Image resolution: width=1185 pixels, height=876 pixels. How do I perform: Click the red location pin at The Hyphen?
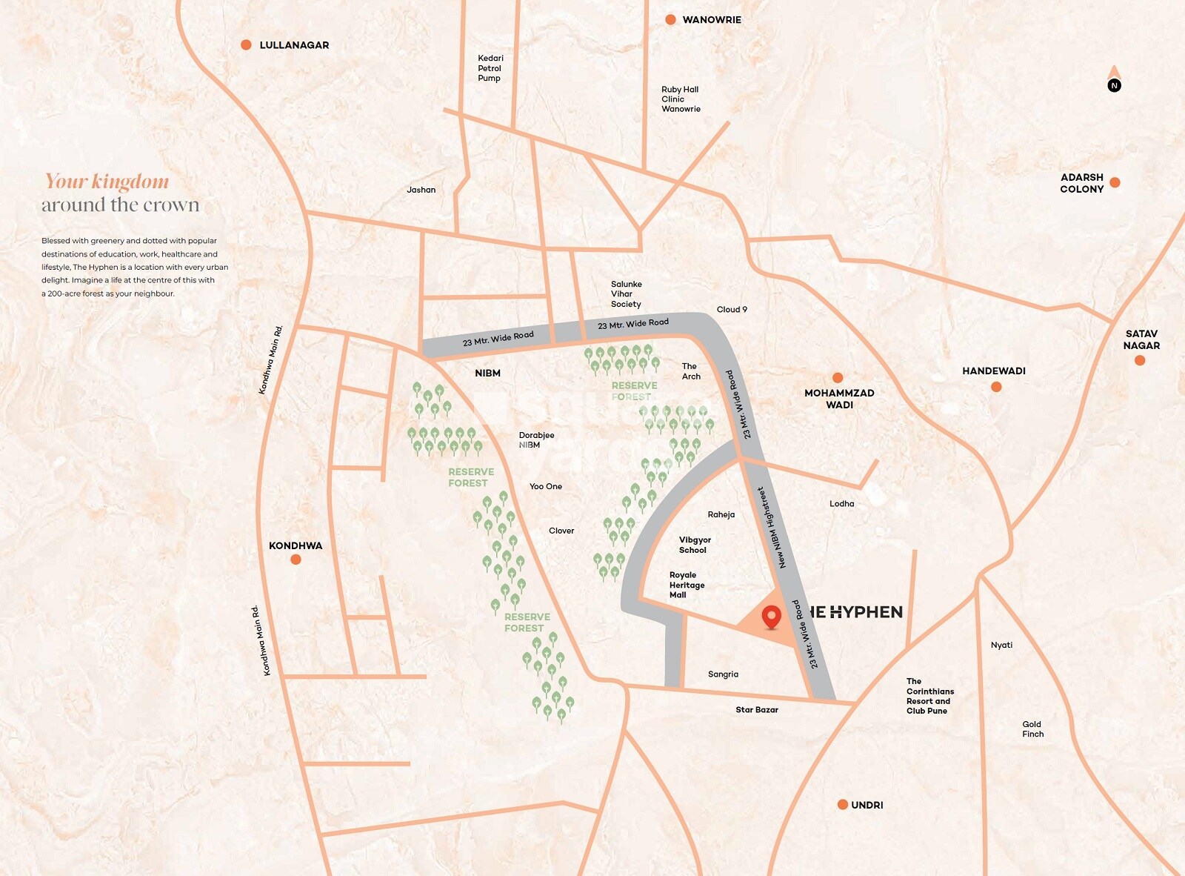(771, 616)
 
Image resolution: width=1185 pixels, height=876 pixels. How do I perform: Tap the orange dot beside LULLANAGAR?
(246, 45)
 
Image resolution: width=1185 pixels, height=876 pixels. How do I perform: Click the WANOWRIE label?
(711, 20)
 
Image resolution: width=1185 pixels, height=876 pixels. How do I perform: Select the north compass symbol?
(1114, 80)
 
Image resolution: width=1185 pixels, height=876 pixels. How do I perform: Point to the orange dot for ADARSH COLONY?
(1115, 182)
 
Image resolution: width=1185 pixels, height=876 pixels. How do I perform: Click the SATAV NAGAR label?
(1141, 339)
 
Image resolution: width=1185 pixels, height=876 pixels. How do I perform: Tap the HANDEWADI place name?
(993, 371)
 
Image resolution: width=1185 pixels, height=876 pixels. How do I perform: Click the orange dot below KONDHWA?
(296, 560)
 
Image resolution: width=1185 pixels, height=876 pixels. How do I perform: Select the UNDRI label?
(867, 805)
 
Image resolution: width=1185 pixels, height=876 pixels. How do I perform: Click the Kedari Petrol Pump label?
(490, 68)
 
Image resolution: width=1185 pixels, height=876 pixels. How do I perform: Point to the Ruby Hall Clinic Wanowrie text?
(680, 99)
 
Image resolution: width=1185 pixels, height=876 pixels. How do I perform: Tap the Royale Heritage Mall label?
(687, 585)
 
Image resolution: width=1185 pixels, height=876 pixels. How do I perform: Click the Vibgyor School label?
(695, 545)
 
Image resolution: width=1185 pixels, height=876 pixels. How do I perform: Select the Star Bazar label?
(756, 710)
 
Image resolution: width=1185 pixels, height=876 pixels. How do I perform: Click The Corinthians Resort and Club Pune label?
(929, 696)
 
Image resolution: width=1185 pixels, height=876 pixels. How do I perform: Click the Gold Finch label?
(1032, 729)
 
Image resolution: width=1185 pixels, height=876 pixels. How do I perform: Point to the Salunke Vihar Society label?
(626, 294)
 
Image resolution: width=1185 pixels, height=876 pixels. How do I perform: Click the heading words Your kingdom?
(107, 182)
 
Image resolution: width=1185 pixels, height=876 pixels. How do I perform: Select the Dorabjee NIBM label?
(535, 440)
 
